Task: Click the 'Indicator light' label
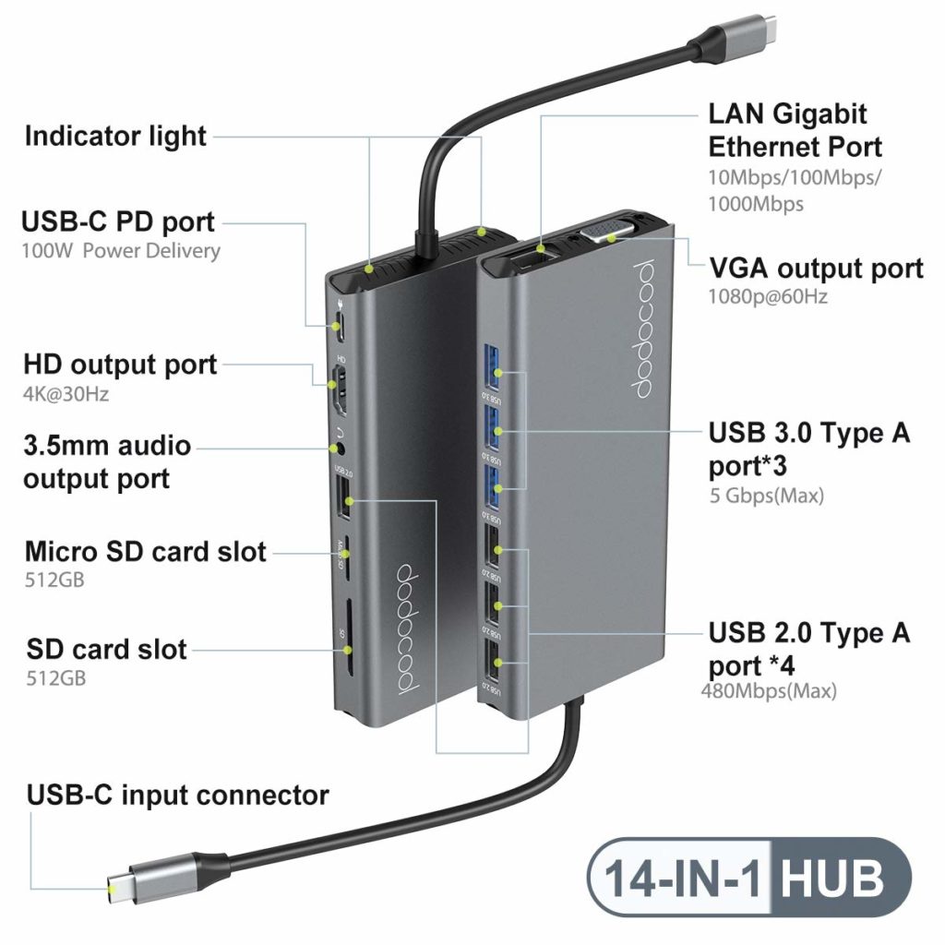tap(115, 137)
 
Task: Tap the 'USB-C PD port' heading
tap(119, 222)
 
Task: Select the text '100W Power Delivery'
tap(121, 250)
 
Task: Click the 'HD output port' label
tap(120, 365)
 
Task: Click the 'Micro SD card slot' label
tap(145, 552)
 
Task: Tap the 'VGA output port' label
tap(816, 269)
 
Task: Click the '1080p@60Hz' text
tap(768, 296)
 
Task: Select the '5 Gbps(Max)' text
tap(765, 496)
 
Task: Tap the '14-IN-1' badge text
tap(683, 878)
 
